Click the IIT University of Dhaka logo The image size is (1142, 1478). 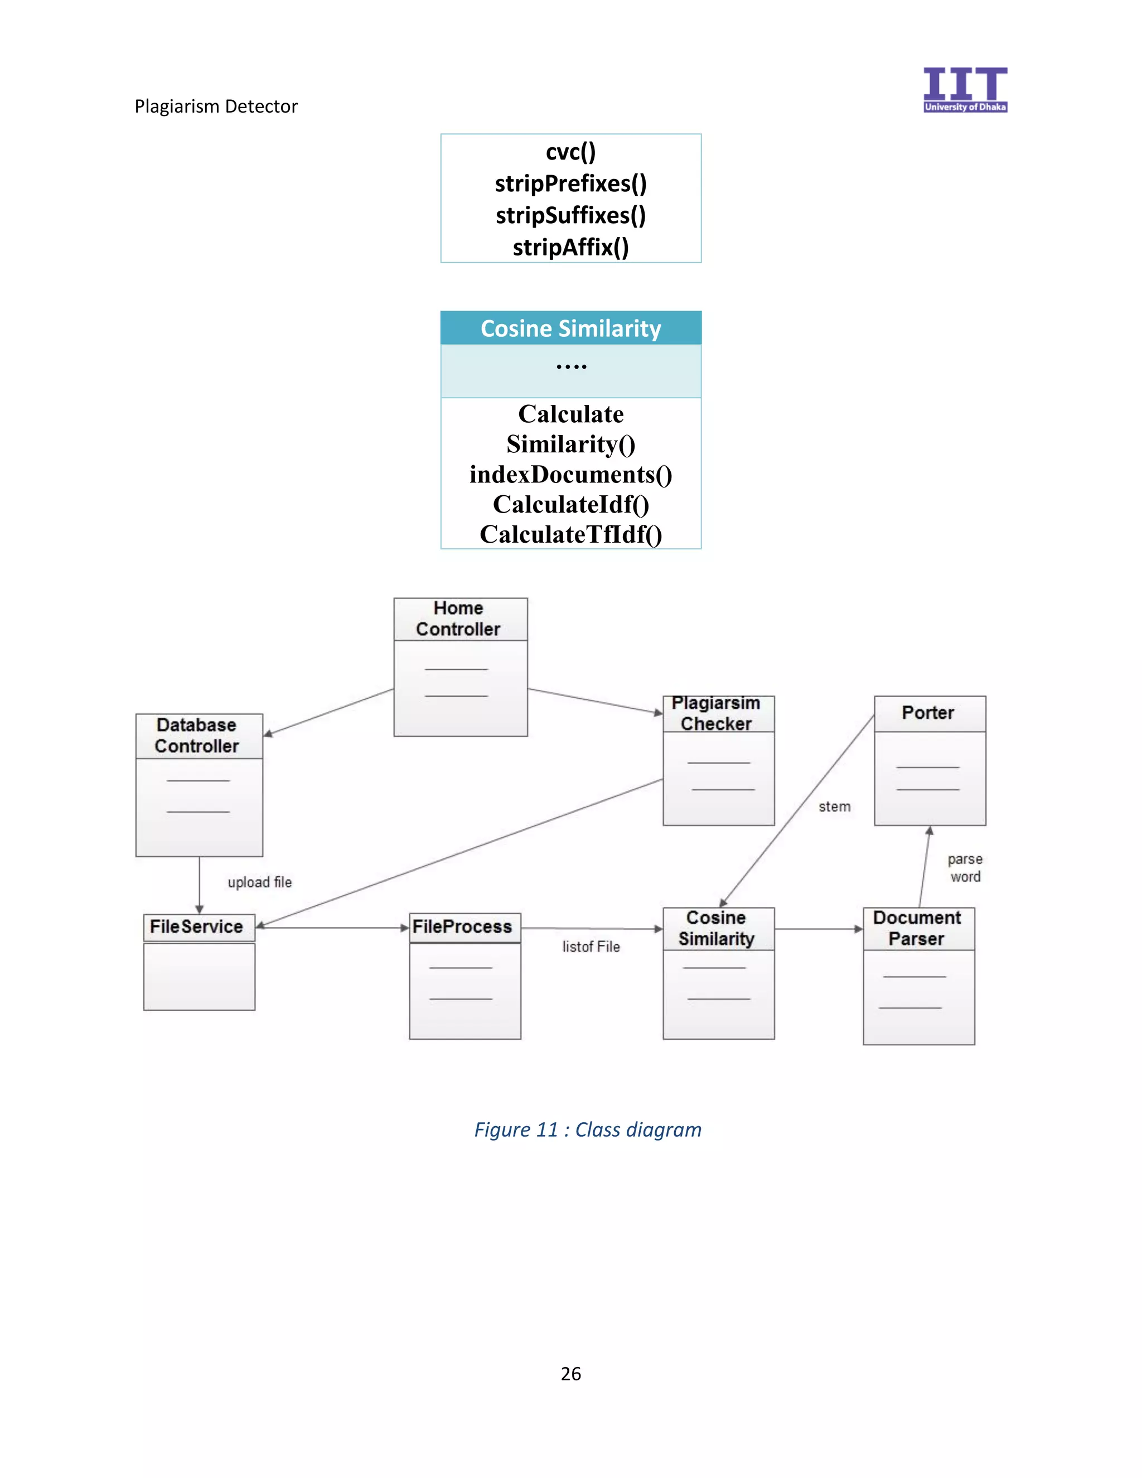pos(965,89)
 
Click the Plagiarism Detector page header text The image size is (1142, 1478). pos(216,106)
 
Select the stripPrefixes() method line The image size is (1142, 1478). pos(570,183)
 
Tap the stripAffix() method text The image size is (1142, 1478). pos(570,247)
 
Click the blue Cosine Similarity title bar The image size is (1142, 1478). pos(570,328)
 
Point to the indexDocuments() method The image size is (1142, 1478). pos(570,475)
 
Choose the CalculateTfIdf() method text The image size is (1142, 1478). pos(570,535)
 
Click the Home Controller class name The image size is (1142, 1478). pos(458,619)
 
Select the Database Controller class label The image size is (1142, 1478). pos(196,736)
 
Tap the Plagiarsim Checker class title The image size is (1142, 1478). pos(717,713)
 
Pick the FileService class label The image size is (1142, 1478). pos(196,926)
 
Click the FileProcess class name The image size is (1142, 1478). pos(462,926)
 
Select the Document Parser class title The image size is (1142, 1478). pos(917,929)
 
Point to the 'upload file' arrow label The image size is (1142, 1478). pos(260,882)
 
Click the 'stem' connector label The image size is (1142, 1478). pos(834,806)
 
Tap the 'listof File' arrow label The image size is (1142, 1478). pos(591,947)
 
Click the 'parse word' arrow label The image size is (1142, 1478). pos(965,868)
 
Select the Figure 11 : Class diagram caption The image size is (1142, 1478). pos(587,1129)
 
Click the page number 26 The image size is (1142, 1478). pos(570,1373)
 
